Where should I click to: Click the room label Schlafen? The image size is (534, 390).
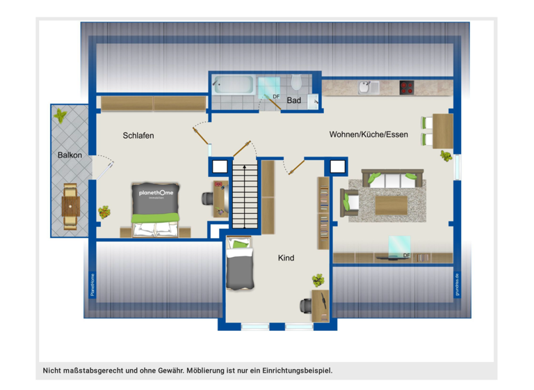pos(138,135)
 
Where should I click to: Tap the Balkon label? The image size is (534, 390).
pos(70,155)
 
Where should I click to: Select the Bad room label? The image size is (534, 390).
pos(294,101)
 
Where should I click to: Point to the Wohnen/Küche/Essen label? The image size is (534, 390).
pos(369,134)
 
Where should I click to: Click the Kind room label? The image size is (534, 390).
pos(286,258)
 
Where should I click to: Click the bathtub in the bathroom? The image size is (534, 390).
pos(233,86)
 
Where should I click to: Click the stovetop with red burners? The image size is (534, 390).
pos(407,88)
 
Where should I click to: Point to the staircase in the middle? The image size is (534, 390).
pos(244,196)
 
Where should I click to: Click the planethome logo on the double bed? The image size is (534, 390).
pos(156,194)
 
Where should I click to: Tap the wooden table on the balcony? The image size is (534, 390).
pos(70,206)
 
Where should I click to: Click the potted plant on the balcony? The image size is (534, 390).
pos(60,114)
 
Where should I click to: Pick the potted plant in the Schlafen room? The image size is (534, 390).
pos(104,211)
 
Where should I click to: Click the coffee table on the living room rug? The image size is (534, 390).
pos(391,204)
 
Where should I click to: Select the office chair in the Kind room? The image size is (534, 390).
pos(305,305)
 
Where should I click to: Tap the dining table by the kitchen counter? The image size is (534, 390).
pos(442,131)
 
